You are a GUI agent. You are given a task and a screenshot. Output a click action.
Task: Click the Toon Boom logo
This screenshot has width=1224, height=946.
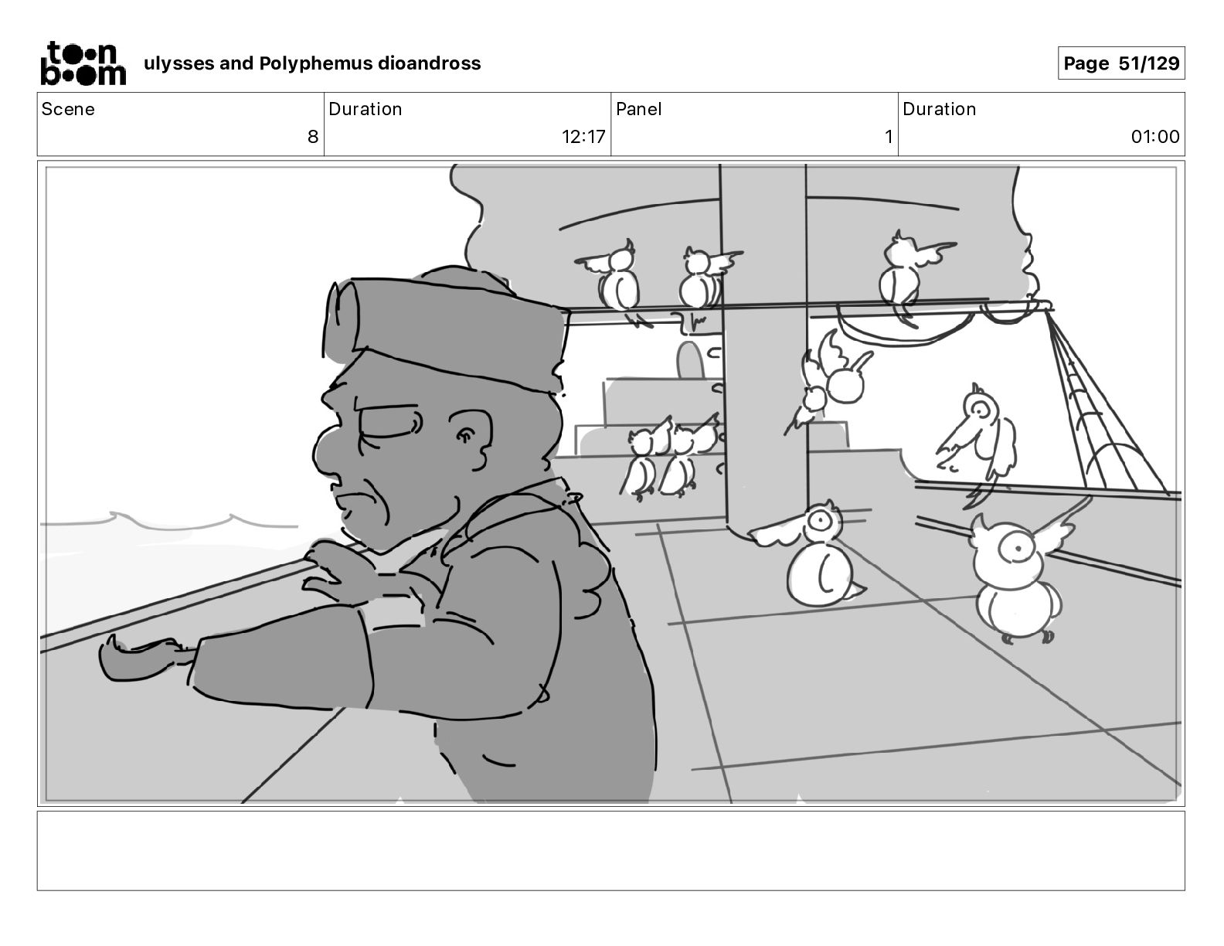click(x=83, y=63)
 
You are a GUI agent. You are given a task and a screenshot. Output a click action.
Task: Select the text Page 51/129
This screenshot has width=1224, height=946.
click(x=1121, y=63)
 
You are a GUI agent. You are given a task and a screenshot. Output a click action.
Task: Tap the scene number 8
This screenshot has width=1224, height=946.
click(x=313, y=136)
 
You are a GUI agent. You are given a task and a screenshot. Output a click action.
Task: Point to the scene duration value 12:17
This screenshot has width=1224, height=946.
click(x=583, y=136)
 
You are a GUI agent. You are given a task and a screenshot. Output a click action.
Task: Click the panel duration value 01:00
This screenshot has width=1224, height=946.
click(x=1154, y=136)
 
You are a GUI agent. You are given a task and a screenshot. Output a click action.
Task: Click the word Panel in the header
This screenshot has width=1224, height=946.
click(x=638, y=109)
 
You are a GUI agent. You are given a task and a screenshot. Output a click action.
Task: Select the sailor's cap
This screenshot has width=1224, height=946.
click(x=445, y=327)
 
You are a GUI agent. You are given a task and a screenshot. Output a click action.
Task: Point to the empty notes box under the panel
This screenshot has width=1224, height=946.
click(x=611, y=851)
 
